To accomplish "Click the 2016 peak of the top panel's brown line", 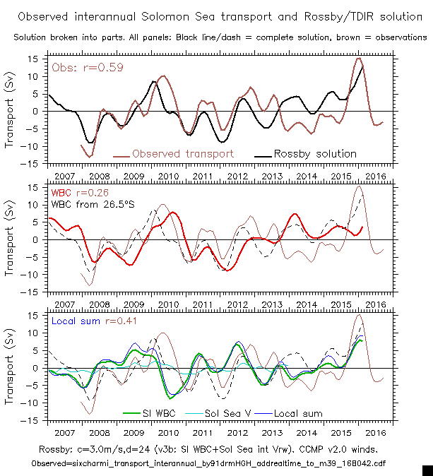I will pos(359,59).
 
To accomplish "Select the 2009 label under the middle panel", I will pos(133,304).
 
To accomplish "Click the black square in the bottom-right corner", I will pos(427,470).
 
